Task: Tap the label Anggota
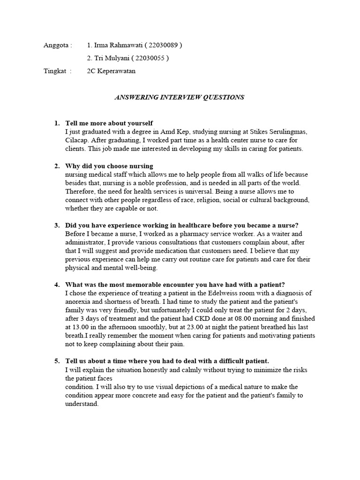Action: click(56, 45)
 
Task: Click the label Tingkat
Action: click(55, 71)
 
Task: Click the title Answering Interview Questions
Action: click(180, 97)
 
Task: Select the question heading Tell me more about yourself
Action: click(109, 123)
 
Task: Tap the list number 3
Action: click(57, 225)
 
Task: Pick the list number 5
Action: click(57, 361)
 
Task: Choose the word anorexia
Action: click(79, 301)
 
